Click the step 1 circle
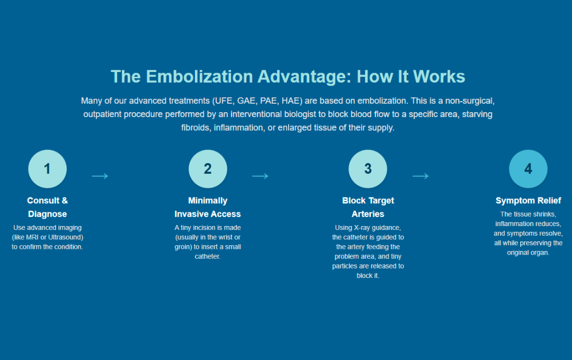pos(47,169)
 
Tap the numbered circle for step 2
pos(208,169)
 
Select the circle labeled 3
pos(368,169)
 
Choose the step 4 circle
pos(528,169)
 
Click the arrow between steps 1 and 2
pos(100,176)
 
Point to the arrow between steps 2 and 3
pos(260,176)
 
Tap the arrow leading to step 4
pos(421,176)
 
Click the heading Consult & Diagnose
pos(47,207)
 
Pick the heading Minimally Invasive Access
pos(208,207)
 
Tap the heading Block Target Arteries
pos(368,207)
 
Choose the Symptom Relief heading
pos(528,201)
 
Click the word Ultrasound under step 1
pos(66,237)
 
